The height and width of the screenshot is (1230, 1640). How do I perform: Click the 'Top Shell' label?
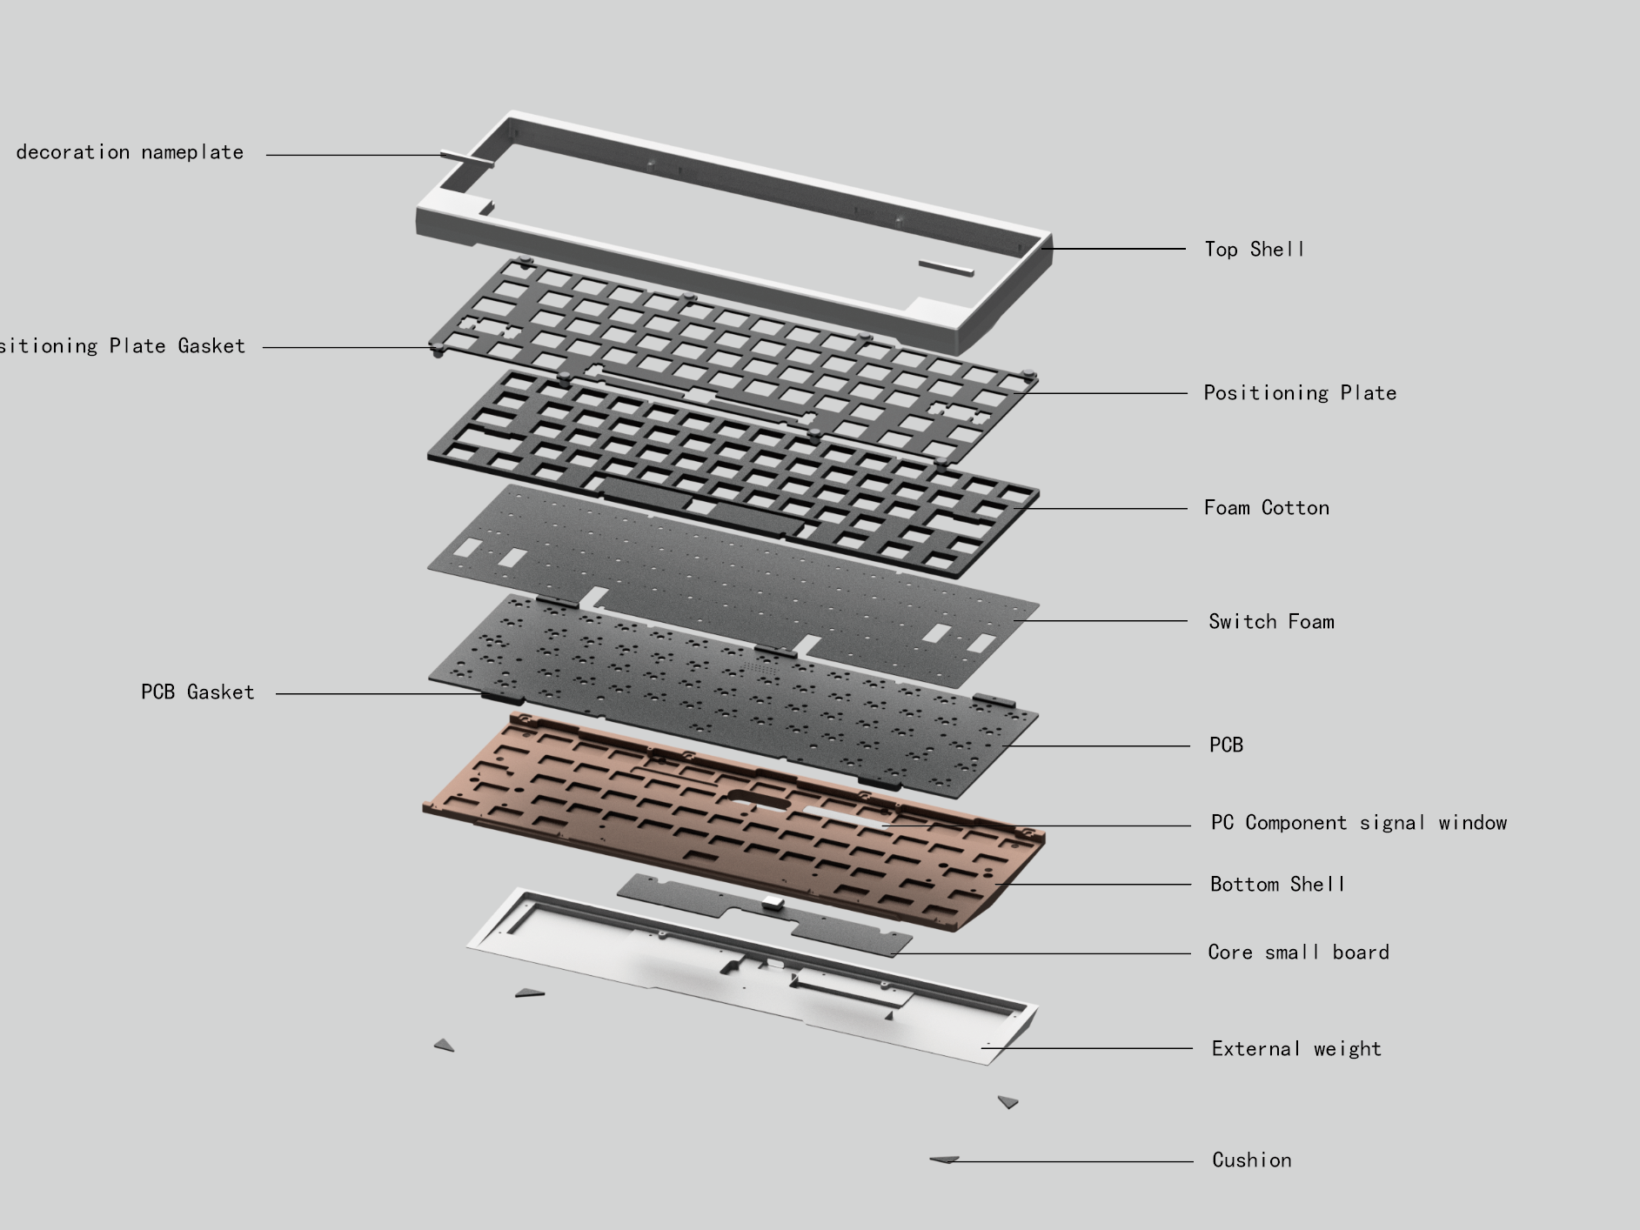point(1254,250)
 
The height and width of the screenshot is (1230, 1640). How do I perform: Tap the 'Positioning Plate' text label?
point(1300,393)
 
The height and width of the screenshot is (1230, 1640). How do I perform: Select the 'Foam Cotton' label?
point(1266,508)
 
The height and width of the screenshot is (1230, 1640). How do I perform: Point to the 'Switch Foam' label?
point(1271,622)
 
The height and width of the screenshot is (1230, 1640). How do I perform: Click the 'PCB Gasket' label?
point(197,692)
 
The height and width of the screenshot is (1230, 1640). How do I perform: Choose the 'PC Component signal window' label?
point(1358,823)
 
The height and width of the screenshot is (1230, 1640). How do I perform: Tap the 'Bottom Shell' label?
point(1277,885)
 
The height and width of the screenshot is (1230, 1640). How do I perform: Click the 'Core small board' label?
point(1298,953)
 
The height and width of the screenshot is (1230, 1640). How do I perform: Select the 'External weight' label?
point(1296,1049)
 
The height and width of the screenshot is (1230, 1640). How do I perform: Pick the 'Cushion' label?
point(1251,1160)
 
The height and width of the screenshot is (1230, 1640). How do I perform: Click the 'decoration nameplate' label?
point(130,152)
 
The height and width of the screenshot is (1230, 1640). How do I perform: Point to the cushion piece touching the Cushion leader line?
point(944,1160)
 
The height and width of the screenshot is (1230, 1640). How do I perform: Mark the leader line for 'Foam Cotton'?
point(1105,509)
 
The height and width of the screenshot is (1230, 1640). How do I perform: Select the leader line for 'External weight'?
point(1088,1048)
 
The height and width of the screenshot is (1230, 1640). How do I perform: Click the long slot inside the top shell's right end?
point(946,266)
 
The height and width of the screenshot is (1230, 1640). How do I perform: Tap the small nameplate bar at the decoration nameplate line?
point(456,157)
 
